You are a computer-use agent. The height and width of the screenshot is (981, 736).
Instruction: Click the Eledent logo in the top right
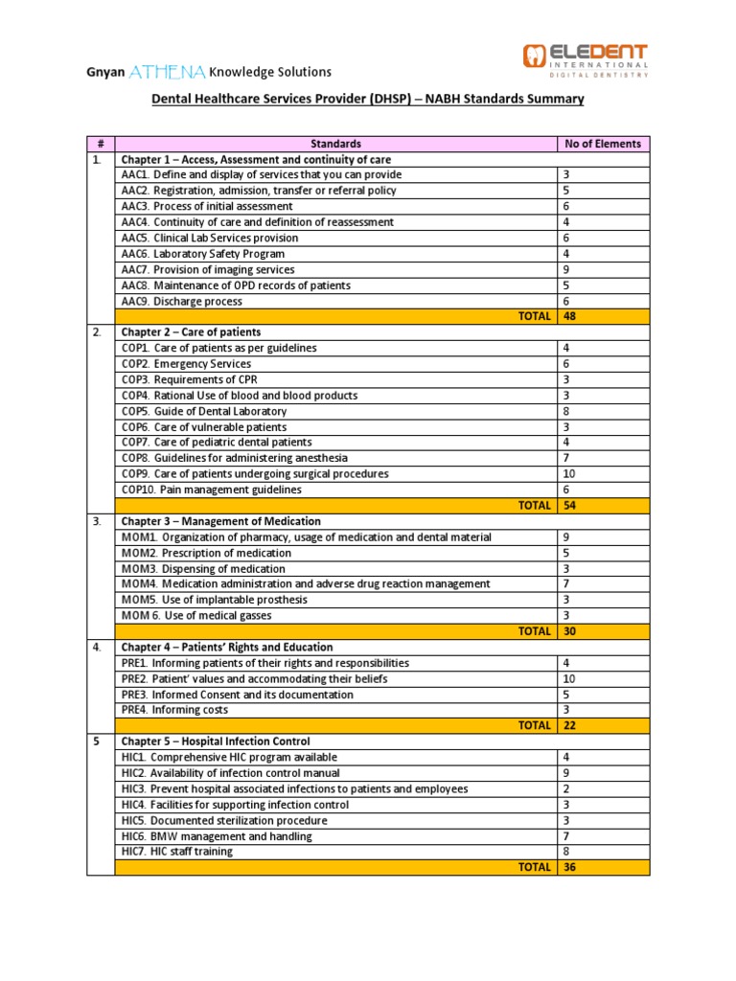click(x=586, y=59)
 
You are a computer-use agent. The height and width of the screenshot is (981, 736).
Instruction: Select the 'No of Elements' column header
click(x=603, y=144)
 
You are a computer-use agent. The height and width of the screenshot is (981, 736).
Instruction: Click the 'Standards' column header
click(x=335, y=144)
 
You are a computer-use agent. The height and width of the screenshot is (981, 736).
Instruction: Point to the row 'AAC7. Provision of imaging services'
click(x=208, y=270)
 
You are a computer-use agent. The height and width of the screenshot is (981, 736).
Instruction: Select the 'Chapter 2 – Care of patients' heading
click(x=190, y=332)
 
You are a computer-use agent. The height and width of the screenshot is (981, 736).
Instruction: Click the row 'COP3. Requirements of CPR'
click(x=186, y=379)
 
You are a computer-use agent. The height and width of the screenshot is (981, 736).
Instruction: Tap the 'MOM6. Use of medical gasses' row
click(x=196, y=615)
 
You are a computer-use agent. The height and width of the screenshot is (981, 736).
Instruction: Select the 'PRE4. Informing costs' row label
click(x=174, y=710)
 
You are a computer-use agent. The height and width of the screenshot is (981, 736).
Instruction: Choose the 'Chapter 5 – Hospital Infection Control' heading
click(x=215, y=741)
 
